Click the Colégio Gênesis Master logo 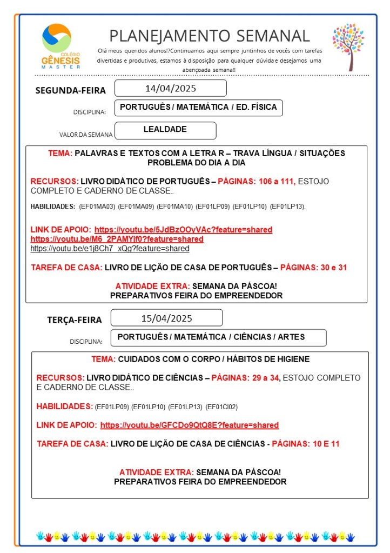coord(60,46)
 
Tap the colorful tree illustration coord(348,46)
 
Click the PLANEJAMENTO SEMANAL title coord(210,36)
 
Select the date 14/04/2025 coord(170,88)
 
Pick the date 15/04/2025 coord(166,318)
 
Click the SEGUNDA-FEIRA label coord(70,90)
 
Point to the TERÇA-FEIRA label coord(74,319)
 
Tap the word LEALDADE coord(165,130)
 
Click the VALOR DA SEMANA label coord(86,135)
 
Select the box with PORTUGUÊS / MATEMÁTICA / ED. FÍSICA coord(198,108)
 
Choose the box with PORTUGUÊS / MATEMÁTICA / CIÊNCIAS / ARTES coord(218,337)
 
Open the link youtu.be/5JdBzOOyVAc coord(183,230)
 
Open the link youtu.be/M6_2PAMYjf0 coord(117,239)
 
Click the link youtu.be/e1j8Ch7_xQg coord(110,249)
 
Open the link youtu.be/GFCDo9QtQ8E coord(189,425)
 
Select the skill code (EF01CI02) coord(222,407)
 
